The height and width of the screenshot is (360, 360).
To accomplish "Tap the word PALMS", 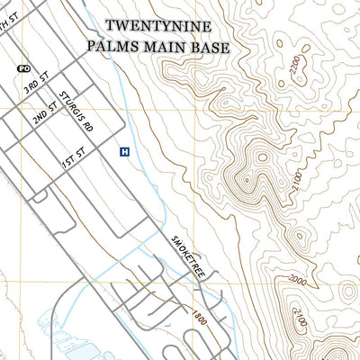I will point(113,47).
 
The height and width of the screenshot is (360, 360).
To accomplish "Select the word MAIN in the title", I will point(165,47).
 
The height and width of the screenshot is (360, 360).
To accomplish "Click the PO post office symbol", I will point(22,67).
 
